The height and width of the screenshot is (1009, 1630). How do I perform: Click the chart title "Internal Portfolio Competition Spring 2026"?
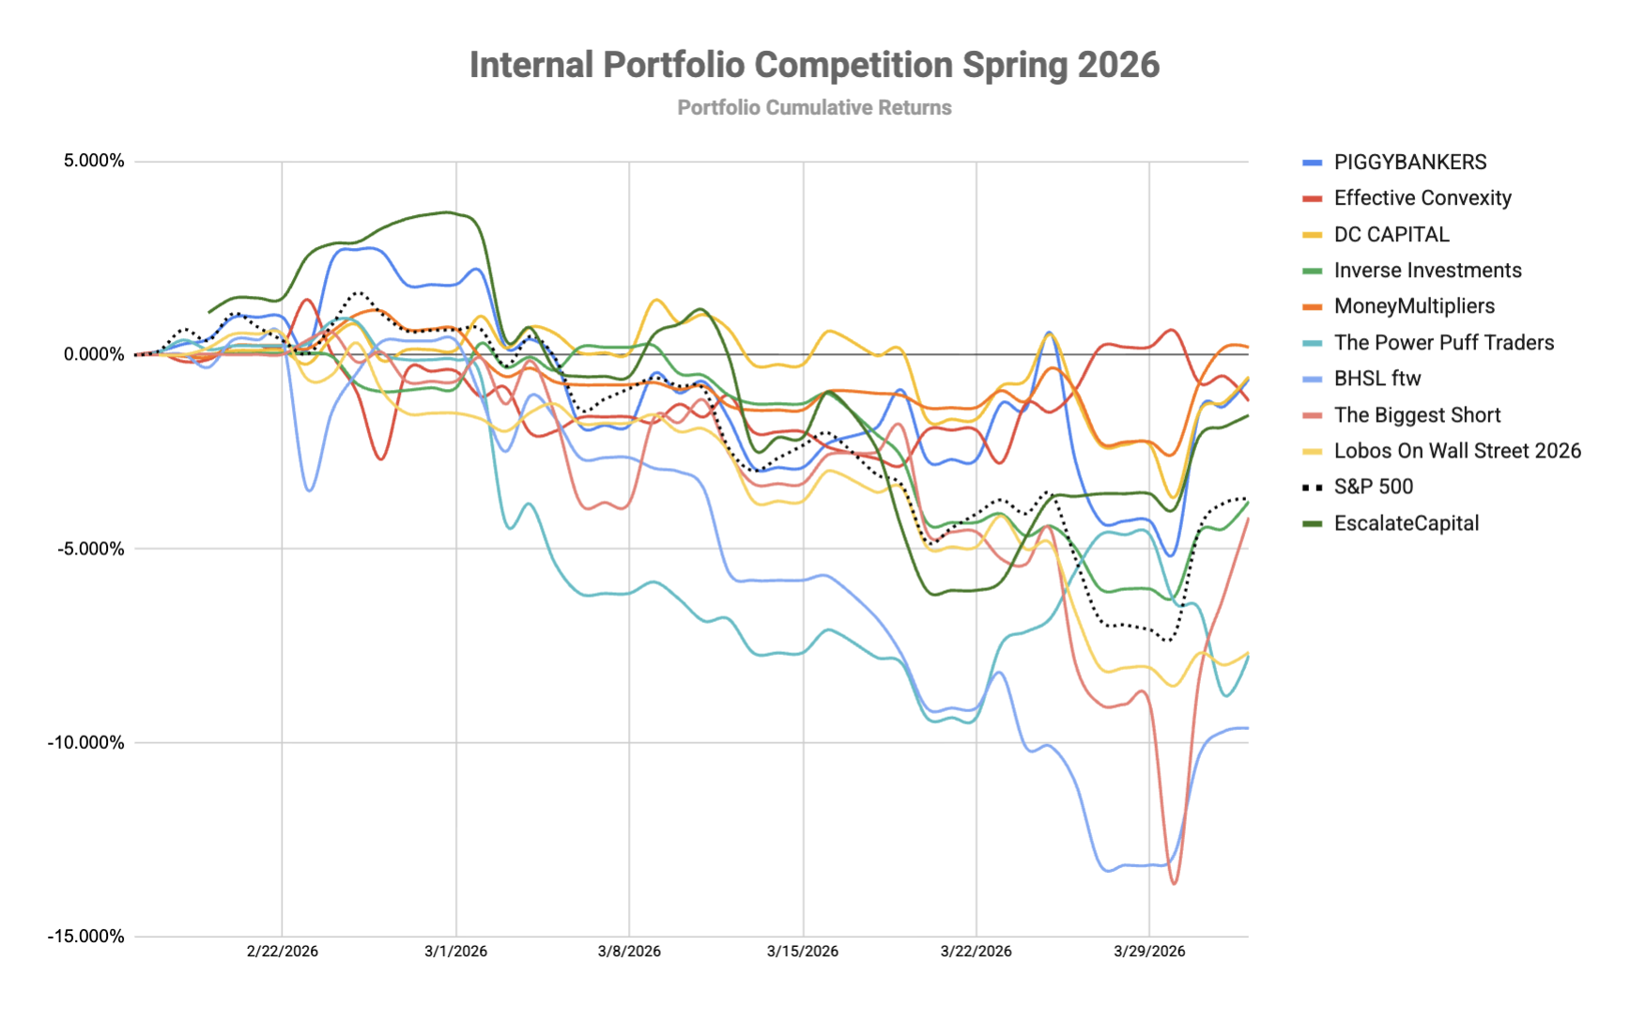coord(814,65)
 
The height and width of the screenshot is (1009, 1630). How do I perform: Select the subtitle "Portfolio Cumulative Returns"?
coord(814,108)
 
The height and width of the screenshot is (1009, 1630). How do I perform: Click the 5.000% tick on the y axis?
coord(94,161)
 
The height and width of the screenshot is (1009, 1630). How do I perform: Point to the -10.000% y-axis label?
coord(85,742)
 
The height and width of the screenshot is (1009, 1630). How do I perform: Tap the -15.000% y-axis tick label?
coord(85,936)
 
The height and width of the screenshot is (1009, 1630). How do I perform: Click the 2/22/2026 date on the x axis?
coord(283,951)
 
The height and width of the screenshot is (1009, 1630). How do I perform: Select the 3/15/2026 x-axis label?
coord(803,951)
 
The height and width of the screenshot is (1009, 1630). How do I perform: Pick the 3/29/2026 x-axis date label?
coord(1149,951)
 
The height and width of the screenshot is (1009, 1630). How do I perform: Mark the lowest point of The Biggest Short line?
coord(1174,883)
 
